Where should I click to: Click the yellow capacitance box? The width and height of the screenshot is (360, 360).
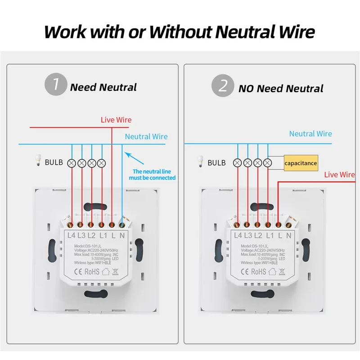301,163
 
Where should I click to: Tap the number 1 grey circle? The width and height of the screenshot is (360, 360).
55,85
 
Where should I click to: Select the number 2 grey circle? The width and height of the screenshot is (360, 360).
223,85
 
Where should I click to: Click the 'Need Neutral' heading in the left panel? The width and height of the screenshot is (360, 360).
103,87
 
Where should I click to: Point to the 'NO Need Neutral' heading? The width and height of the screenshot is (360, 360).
281,88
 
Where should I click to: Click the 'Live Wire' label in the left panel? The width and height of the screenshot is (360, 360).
116,120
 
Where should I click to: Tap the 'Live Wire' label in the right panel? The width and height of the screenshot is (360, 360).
339,175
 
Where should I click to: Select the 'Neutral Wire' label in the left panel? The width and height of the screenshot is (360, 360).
146,136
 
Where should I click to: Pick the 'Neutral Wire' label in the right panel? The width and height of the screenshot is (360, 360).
310,134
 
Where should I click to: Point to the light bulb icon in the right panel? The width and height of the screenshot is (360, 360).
201,162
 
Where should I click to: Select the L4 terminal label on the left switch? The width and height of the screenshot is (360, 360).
71,234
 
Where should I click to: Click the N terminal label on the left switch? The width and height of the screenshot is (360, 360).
122,234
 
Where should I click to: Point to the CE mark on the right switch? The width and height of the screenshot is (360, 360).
246,271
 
